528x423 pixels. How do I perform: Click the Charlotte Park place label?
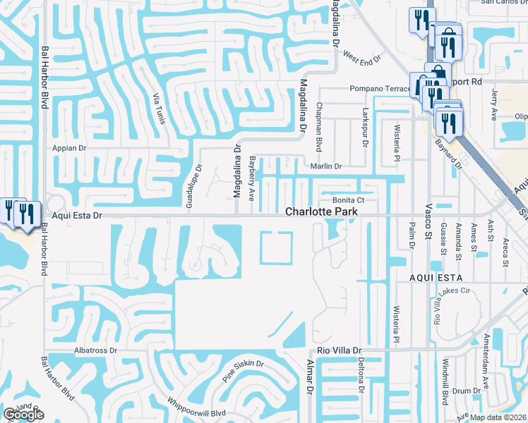click(x=321, y=211)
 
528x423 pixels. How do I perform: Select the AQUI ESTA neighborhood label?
click(x=436, y=278)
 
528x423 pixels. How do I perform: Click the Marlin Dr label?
click(x=327, y=167)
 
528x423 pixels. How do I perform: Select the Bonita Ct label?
click(x=348, y=200)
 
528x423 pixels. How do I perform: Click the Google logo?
click(x=23, y=414)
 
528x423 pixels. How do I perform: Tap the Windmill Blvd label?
click(x=445, y=386)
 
